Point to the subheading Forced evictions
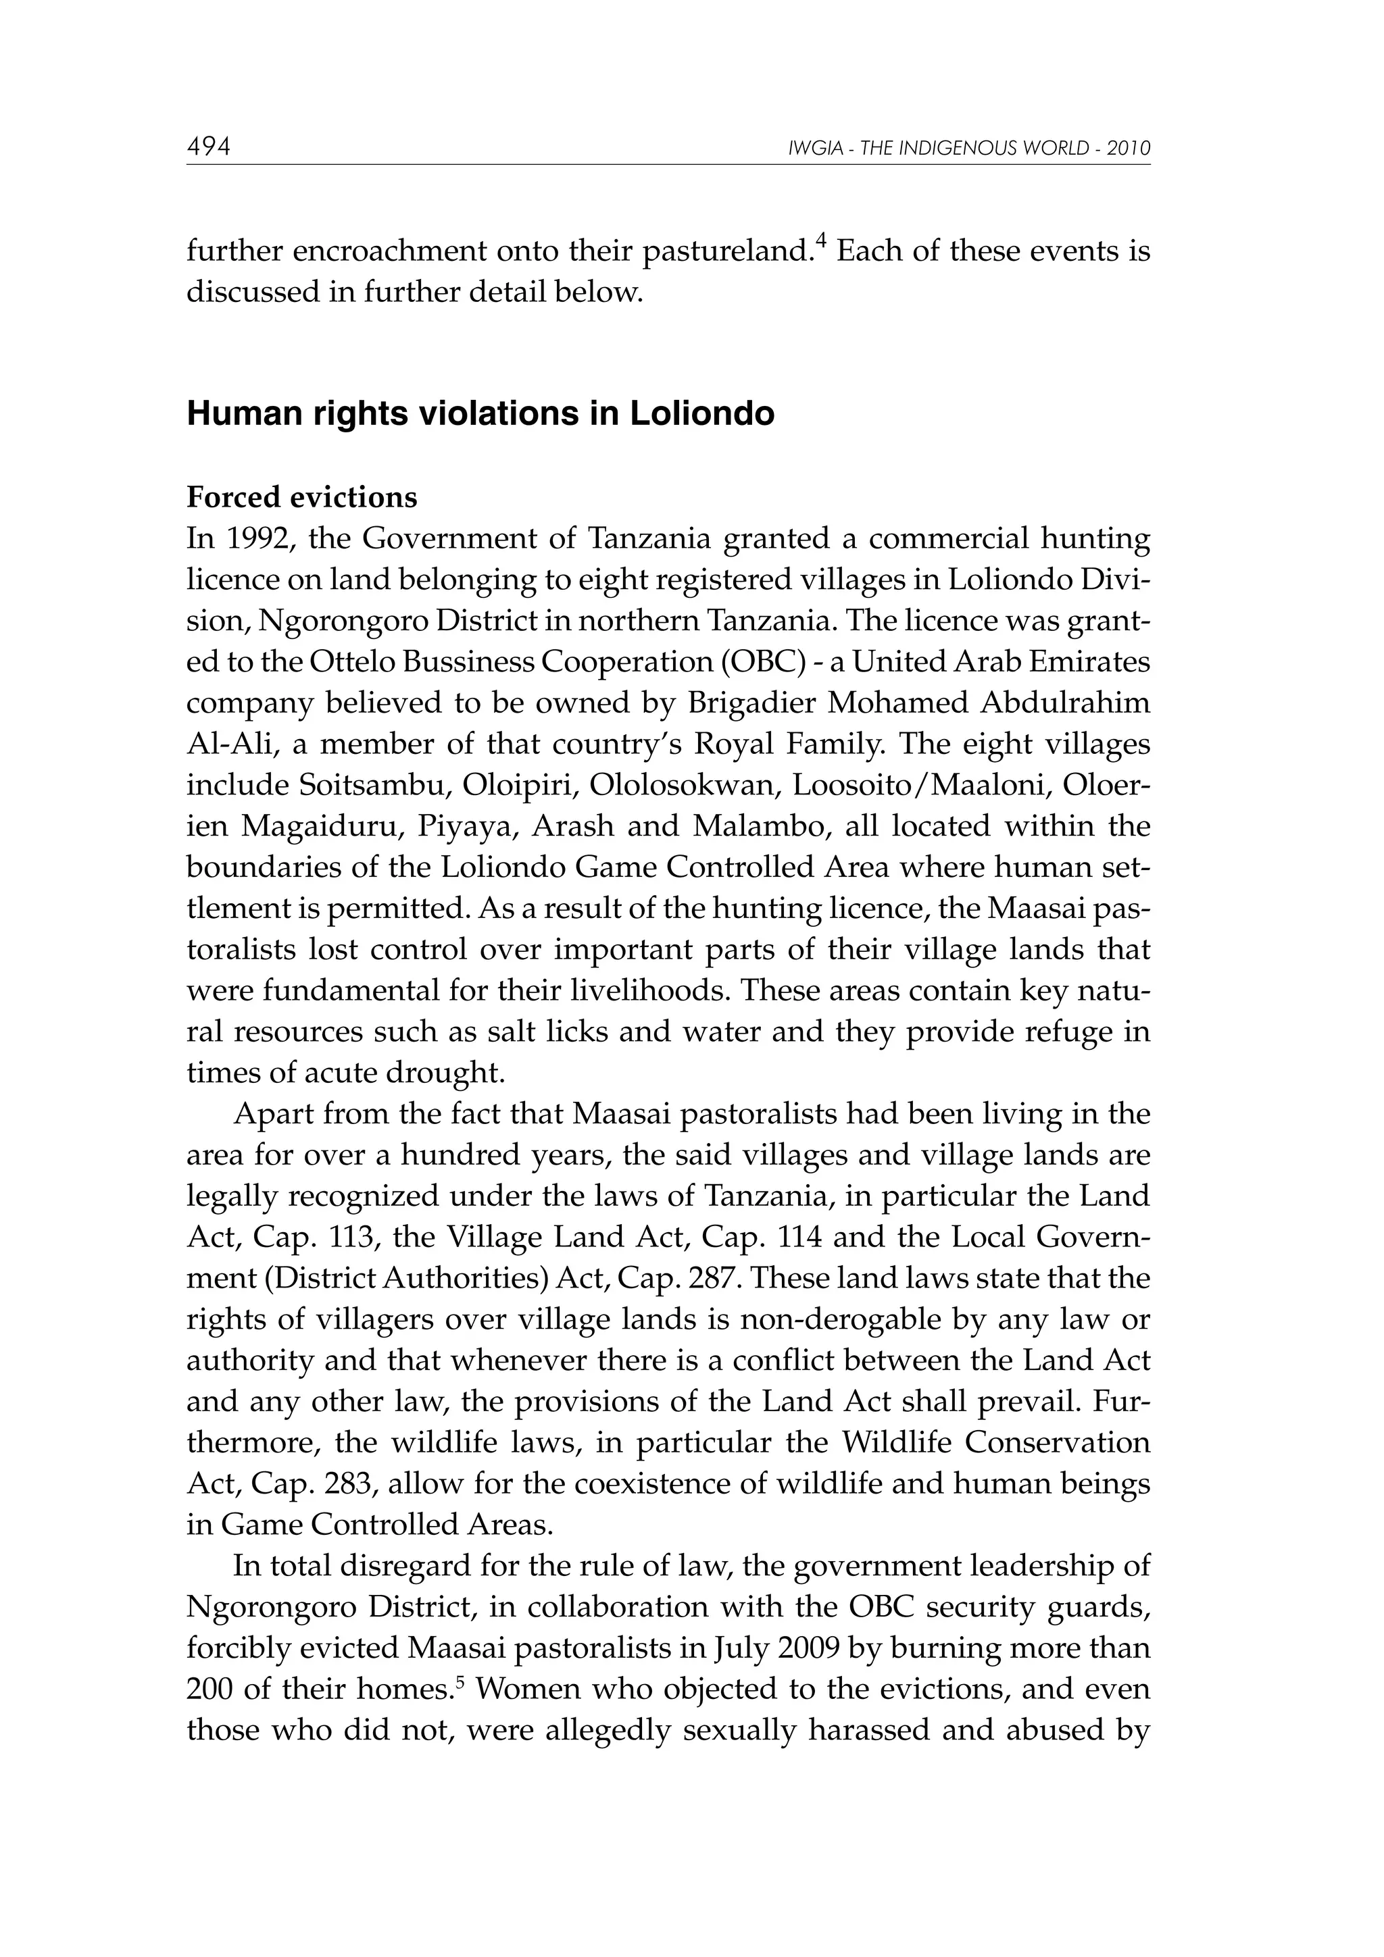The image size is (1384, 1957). (302, 497)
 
